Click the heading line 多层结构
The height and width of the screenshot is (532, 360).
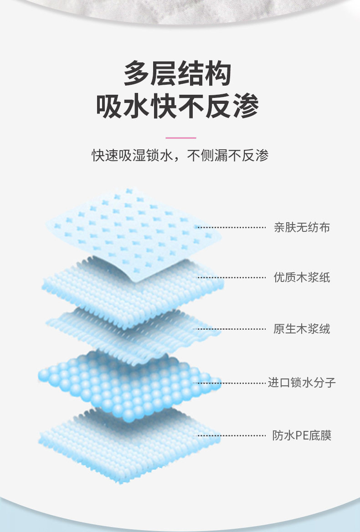177,74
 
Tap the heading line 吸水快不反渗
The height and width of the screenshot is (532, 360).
177,107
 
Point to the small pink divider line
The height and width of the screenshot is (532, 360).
180,138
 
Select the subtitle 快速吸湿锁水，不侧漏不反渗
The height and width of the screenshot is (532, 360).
180,156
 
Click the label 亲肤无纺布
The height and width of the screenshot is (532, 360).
302,227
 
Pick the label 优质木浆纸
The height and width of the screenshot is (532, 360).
302,277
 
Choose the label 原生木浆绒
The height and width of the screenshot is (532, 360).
302,328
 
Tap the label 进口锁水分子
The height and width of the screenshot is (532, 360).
302,382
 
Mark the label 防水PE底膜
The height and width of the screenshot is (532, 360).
302,435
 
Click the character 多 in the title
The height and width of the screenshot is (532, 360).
137,74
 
